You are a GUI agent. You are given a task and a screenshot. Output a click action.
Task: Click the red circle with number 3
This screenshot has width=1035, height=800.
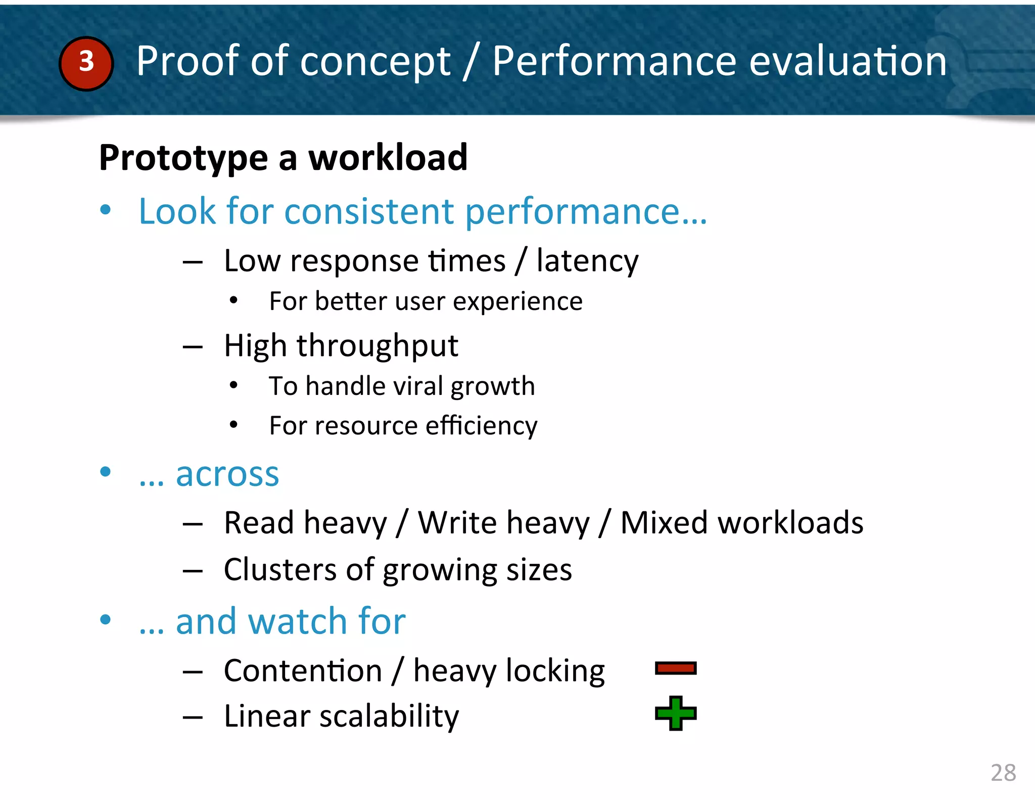coord(86,63)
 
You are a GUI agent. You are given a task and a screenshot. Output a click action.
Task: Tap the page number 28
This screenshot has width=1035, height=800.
coord(1003,773)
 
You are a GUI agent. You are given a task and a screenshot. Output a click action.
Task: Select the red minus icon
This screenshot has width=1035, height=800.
coord(676,669)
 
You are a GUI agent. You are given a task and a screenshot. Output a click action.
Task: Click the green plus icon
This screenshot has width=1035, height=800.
coord(676,714)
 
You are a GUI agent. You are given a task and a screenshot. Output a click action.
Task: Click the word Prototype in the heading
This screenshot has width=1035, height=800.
coord(183,158)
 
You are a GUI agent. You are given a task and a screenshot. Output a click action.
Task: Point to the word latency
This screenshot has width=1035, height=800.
coord(587,262)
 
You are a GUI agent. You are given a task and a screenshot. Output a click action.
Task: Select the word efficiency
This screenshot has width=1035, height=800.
coord(481,426)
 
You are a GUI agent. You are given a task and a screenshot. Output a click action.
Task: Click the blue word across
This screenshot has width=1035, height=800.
coord(227,475)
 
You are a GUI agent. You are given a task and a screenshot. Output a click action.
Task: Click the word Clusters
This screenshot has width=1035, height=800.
coord(279,570)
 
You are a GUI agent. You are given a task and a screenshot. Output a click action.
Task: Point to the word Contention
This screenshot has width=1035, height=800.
coord(303,671)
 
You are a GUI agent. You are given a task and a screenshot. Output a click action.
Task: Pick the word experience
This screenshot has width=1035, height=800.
coord(517,302)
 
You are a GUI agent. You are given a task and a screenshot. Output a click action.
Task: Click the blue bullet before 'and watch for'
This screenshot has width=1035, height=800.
coord(105,619)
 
